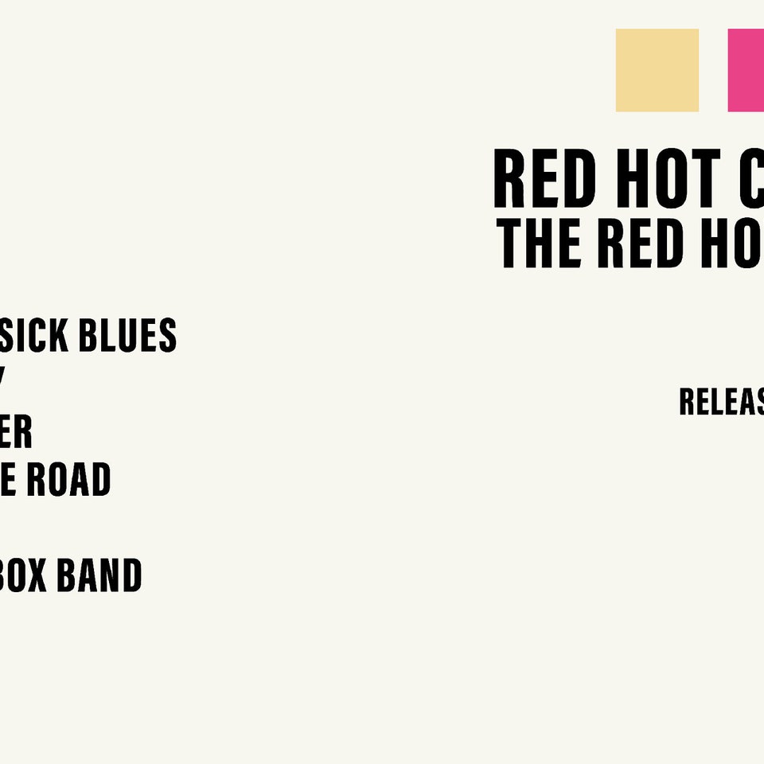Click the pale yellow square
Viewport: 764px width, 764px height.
click(657, 70)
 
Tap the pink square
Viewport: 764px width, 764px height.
click(746, 70)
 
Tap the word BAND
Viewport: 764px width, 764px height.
click(99, 576)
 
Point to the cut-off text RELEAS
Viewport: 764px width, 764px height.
click(721, 402)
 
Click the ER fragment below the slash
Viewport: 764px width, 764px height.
click(16, 432)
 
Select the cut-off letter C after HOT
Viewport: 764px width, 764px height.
click(752, 180)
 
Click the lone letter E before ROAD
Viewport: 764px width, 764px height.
click(10, 480)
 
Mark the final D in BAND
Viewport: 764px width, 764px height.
click(131, 576)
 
